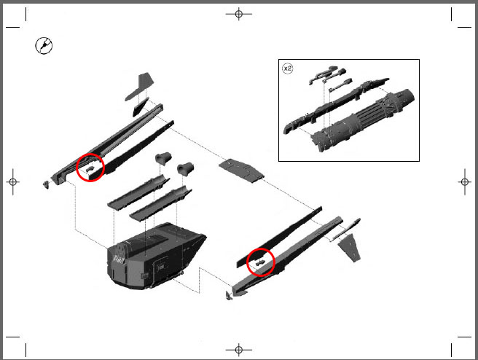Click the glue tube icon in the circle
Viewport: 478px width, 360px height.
44,46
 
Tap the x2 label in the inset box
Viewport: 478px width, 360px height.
288,69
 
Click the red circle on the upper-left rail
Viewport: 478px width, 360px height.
90,154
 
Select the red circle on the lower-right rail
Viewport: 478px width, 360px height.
261,249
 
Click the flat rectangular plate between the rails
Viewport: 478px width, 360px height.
241,171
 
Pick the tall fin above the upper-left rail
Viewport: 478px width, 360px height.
140,87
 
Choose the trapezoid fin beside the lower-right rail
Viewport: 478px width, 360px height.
350,248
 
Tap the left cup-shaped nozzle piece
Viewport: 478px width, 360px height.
163,159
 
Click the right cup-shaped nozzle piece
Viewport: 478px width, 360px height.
185,168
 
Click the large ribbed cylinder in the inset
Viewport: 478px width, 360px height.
363,122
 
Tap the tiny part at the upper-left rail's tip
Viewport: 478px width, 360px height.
47,184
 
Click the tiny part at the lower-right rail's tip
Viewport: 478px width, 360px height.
229,295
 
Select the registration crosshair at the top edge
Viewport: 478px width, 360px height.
239,14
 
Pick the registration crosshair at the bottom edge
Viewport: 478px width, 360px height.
239,349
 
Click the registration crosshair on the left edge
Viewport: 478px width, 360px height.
13,182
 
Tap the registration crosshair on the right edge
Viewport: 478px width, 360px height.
465,182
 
